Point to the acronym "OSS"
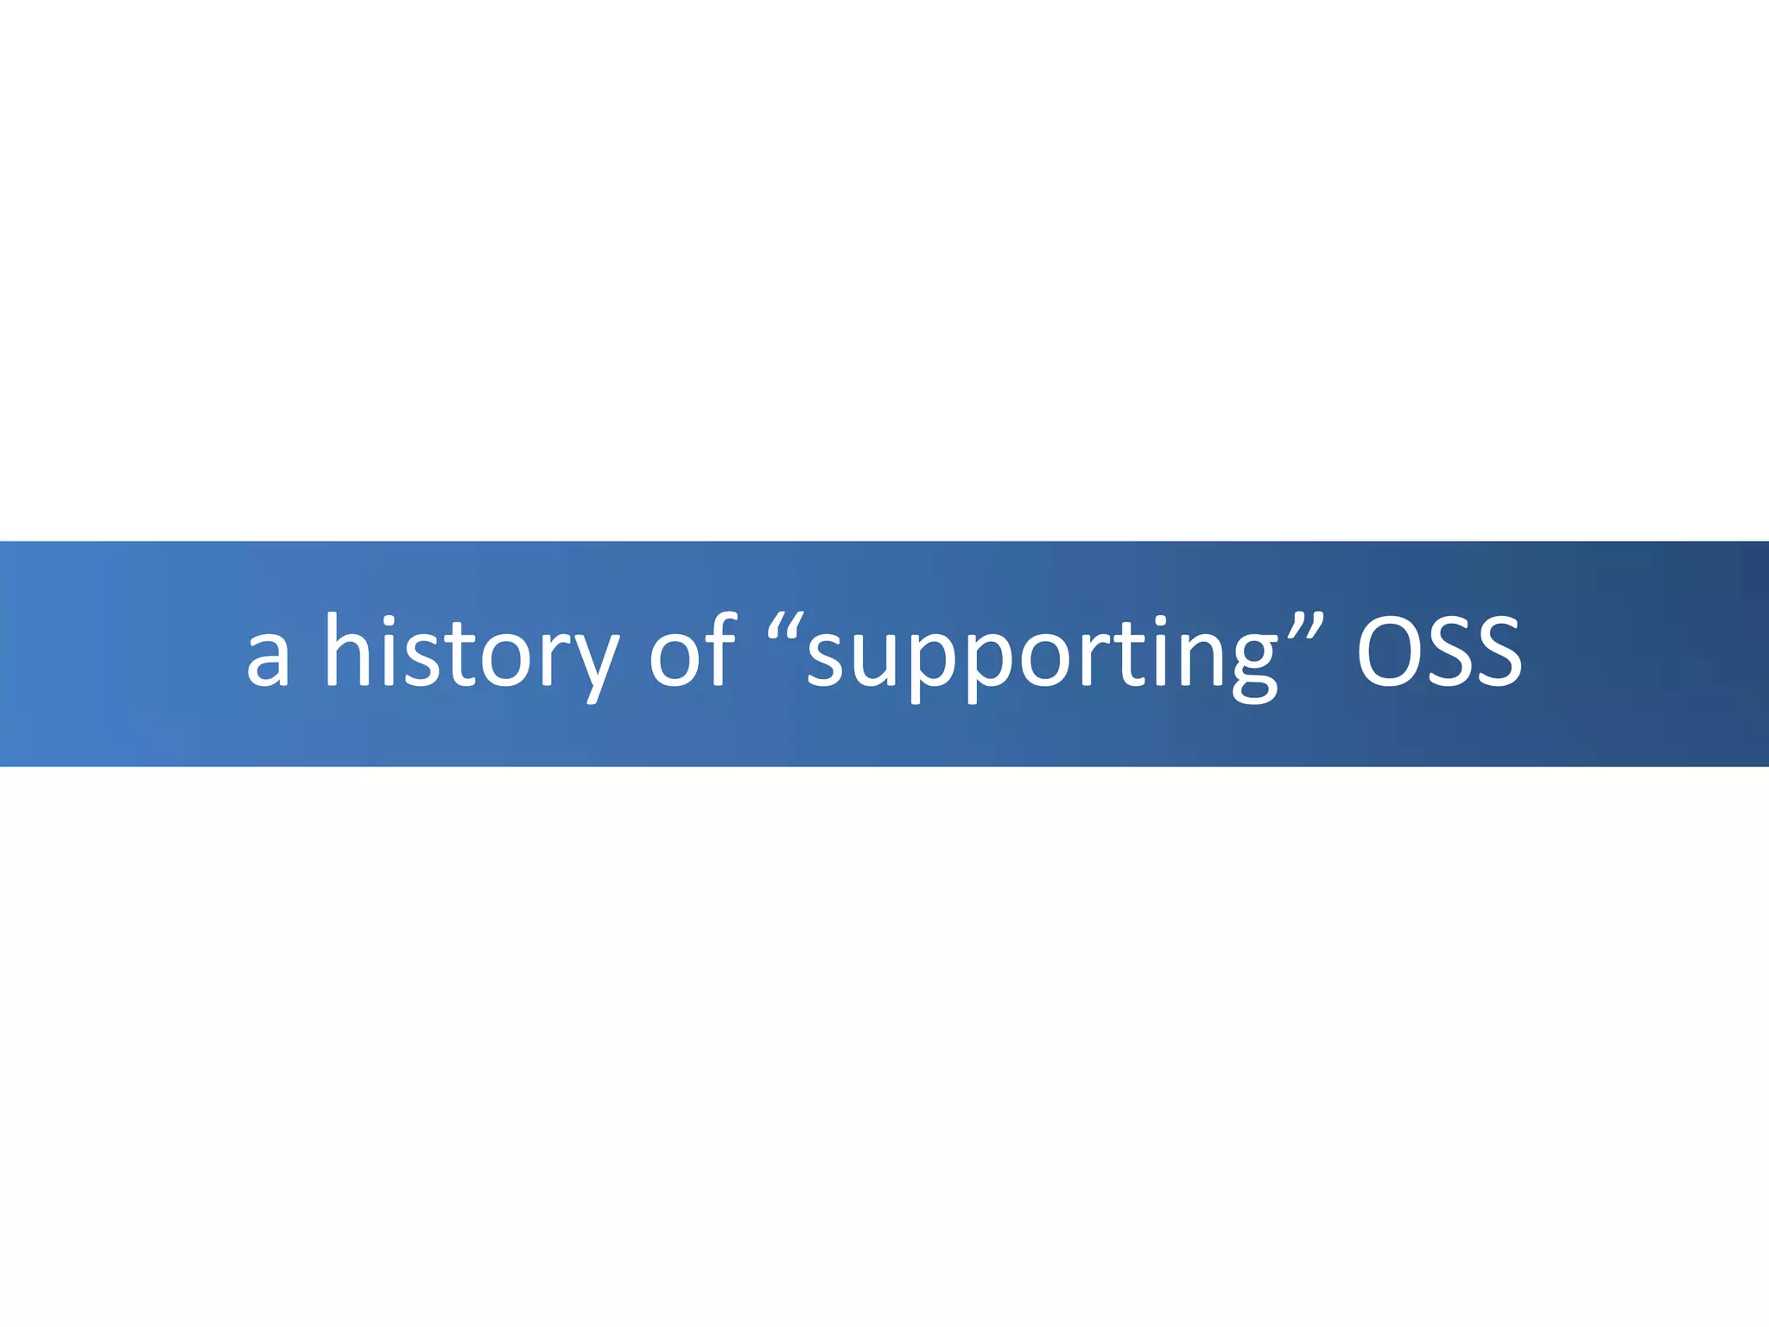pos(1438,652)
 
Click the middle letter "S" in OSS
pos(1444,652)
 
